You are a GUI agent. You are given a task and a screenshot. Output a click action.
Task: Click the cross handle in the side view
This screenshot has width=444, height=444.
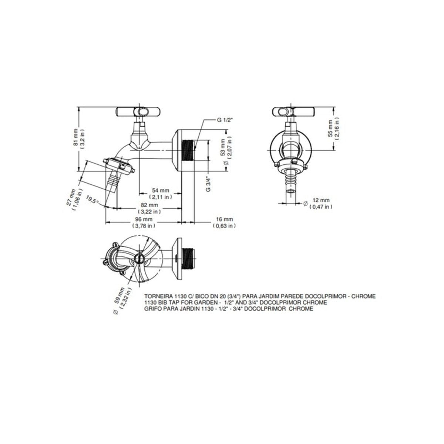point(138,112)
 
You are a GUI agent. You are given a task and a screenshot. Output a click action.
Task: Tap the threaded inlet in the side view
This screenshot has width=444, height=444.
point(188,151)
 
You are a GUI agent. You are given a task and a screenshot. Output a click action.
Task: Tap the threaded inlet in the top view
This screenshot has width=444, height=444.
point(189,259)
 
